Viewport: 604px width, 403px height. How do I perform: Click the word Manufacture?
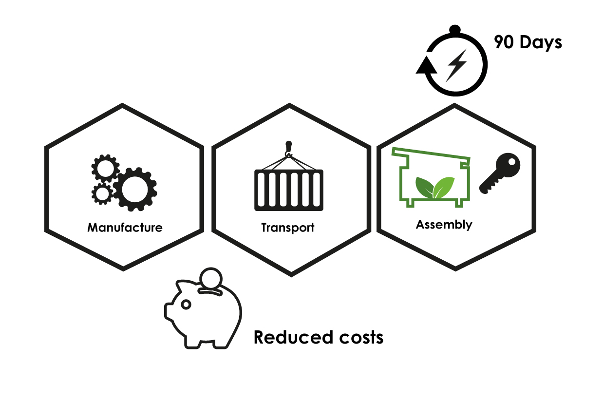pos(125,228)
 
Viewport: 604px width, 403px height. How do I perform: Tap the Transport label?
pos(288,228)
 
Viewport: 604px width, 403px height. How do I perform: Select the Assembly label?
pos(444,225)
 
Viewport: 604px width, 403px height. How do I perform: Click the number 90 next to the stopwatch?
pos(504,42)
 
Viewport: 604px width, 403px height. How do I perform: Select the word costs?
pos(361,338)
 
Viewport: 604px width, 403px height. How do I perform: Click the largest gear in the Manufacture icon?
pos(135,190)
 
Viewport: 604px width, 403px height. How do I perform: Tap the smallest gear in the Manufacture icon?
pos(102,193)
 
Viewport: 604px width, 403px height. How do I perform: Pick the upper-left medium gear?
pos(105,168)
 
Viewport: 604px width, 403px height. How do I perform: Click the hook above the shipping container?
pos(288,149)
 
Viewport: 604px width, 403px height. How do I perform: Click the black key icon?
pos(500,173)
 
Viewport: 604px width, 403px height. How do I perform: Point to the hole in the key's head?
pos(511,162)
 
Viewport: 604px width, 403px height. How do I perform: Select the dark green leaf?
pos(425,187)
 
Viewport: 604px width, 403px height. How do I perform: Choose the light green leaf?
pos(444,187)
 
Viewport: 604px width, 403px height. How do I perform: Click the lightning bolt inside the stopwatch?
pos(456,66)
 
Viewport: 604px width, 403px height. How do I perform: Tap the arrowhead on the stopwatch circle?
pos(426,66)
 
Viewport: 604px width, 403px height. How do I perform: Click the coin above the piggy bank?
pos(211,278)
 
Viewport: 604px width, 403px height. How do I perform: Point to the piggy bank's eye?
pos(186,305)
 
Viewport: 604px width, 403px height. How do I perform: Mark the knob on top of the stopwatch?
pos(455,30)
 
